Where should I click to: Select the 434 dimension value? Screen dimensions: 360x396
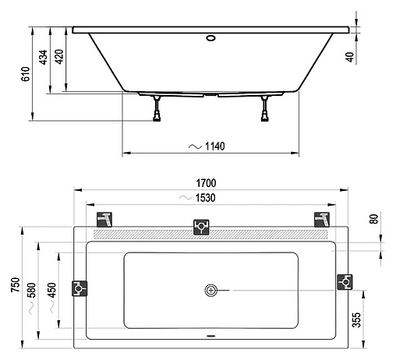coord(44,57)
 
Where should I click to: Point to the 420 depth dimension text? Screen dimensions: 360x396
coord(59,57)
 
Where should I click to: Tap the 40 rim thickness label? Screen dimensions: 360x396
coord(352,56)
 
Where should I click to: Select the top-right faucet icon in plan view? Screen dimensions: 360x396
coord(320,218)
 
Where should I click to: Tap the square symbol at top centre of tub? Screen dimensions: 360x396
coord(200,227)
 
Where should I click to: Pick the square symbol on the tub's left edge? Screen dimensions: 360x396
coord(80,288)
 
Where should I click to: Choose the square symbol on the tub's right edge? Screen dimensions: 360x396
coord(343,281)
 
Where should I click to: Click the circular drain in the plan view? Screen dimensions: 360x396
coord(210,291)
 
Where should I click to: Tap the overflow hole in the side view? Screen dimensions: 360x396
coord(211,36)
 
